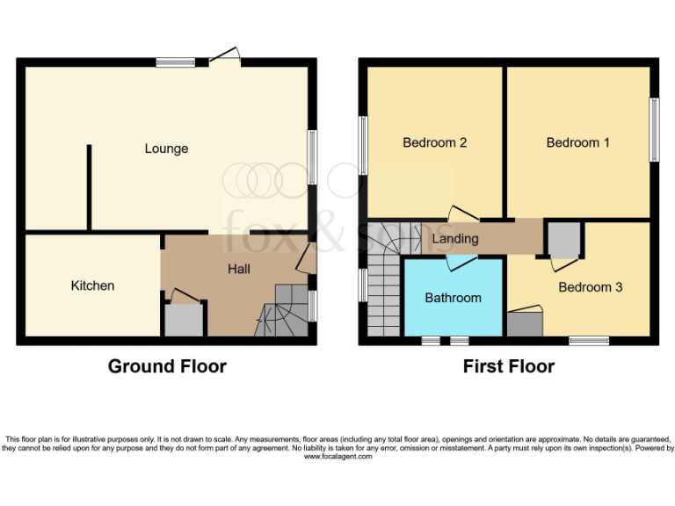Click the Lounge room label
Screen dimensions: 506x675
click(x=166, y=148)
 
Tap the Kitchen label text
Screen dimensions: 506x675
click(x=92, y=286)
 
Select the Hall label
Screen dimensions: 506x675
click(x=239, y=269)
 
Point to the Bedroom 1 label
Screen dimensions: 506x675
click(x=577, y=142)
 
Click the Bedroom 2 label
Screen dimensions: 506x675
click(x=434, y=142)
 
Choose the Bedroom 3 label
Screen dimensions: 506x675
click(x=590, y=287)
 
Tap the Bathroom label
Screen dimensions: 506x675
click(x=453, y=298)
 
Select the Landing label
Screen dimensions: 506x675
click(x=455, y=238)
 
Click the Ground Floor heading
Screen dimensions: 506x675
click(x=167, y=366)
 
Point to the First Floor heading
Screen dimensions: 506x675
click(x=509, y=366)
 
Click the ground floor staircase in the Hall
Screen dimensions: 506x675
click(x=283, y=313)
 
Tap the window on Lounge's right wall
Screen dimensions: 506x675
click(x=311, y=157)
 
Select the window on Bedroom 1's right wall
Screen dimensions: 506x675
click(x=654, y=129)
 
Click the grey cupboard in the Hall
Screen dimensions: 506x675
click(x=183, y=320)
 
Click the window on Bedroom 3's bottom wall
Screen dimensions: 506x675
click(x=589, y=340)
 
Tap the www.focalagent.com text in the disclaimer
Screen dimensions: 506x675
click(x=337, y=457)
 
